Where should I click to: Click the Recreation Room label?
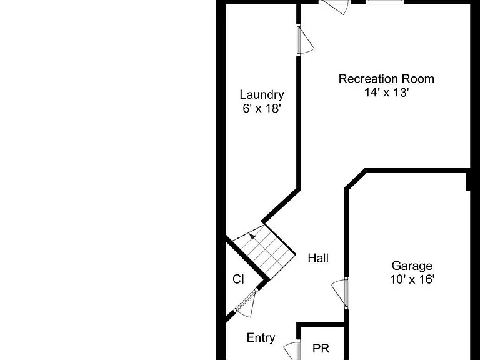386,79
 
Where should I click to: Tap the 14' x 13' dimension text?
387,92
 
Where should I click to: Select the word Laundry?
262,95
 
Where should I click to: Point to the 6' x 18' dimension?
262,108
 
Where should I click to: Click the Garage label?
412,266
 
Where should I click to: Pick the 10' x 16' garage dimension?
412,279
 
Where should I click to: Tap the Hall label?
318,258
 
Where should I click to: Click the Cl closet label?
239,279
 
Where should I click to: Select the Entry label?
261,338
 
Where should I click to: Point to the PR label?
321,348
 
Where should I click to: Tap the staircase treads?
264,252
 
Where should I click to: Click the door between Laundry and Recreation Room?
305,41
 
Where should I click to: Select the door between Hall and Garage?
339,292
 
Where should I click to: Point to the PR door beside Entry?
291,351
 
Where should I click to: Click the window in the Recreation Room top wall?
385,1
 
